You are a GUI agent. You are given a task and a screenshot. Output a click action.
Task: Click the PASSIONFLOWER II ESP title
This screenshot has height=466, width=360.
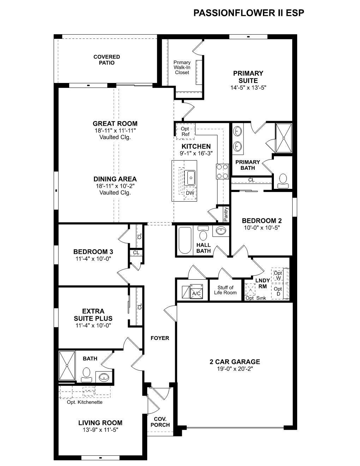tap(249, 13)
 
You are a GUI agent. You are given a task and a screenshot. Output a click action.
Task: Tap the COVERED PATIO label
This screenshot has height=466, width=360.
tap(107, 60)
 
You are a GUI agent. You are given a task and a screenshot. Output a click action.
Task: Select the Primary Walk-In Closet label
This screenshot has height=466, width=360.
tap(182, 67)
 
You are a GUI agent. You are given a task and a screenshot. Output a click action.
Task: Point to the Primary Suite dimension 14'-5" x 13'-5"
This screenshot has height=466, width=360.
tap(248, 88)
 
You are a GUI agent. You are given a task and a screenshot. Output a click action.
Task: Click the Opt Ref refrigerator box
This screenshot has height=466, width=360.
tap(185, 131)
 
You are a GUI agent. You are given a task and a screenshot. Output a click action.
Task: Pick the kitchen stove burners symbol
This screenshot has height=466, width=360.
tap(222, 171)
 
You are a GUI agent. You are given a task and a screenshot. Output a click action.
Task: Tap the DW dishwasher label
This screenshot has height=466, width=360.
tap(190, 193)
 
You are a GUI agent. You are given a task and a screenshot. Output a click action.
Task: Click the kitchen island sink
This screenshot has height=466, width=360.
tap(190, 178)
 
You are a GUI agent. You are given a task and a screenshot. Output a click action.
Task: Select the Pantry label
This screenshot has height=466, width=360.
tap(226, 214)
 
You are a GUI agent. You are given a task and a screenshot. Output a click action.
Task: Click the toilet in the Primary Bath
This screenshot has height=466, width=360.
tap(283, 181)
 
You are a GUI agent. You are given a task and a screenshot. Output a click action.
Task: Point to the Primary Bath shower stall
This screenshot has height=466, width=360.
tap(284, 138)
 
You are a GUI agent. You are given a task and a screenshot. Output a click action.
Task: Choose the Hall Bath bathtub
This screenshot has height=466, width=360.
tap(185, 241)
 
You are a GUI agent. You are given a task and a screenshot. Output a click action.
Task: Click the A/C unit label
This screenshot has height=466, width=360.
tap(196, 294)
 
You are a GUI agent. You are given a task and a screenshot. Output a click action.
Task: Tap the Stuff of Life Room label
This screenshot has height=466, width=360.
tap(225, 290)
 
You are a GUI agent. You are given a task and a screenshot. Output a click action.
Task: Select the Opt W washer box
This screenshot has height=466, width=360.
tap(278, 275)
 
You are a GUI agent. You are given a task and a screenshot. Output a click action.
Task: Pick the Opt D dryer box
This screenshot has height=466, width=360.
tap(278, 291)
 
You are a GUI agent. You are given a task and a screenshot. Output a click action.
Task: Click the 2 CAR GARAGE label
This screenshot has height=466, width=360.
tap(235, 362)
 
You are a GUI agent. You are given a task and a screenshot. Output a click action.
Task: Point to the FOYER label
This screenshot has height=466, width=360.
tap(160, 338)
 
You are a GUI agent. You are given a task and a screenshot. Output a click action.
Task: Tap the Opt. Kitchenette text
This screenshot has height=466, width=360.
tap(85, 402)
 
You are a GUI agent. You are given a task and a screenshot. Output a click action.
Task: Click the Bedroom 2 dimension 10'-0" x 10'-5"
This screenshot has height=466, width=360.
tap(262, 228)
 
